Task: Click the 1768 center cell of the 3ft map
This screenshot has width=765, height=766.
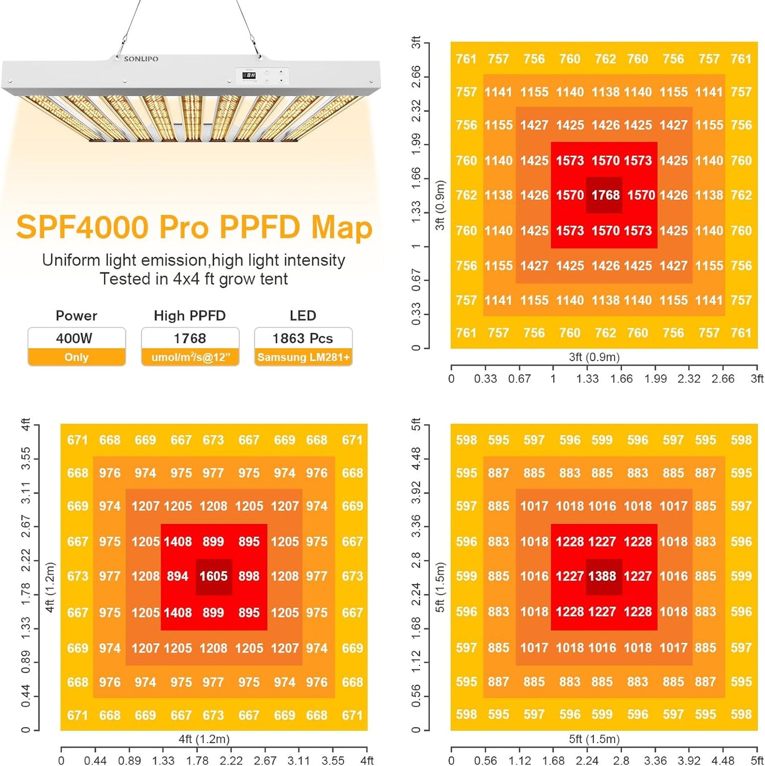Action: [605, 195]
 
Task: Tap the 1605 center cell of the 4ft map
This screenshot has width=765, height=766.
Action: [213, 577]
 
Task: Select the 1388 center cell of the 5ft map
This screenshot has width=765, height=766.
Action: [602, 577]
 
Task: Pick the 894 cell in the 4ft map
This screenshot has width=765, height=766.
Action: [177, 577]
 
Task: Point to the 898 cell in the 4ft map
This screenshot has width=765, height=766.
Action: [249, 577]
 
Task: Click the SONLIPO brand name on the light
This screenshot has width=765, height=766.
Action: [141, 59]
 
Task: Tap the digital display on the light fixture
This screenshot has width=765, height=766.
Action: [249, 76]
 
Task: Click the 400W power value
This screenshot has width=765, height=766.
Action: [75, 339]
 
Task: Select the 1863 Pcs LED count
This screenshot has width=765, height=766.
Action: [303, 339]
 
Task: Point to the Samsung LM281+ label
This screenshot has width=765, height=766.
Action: [303, 358]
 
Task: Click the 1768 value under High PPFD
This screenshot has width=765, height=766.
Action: [190, 339]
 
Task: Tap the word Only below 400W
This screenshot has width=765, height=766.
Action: [76, 358]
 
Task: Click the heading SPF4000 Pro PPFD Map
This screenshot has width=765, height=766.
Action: [194, 227]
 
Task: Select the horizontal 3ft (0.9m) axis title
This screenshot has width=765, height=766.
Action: [594, 357]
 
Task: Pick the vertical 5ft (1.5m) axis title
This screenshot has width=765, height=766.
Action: [440, 587]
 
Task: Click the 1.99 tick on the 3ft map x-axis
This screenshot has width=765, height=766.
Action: [655, 379]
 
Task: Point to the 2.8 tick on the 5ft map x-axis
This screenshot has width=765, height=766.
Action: [621, 761]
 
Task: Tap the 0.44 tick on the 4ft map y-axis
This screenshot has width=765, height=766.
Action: [25, 696]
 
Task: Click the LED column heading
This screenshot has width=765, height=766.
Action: [303, 316]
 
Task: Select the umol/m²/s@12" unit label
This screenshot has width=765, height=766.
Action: [191, 358]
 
